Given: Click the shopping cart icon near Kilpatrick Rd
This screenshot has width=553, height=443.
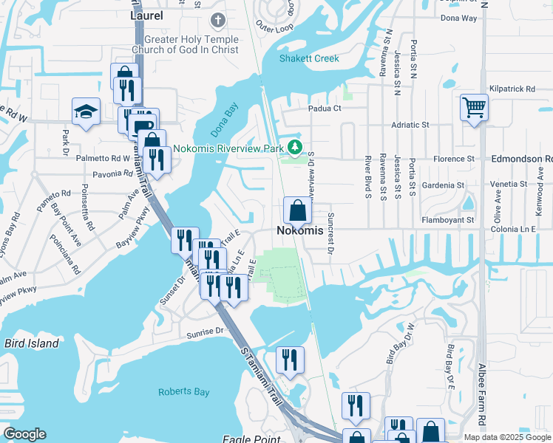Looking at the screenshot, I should (x=473, y=108).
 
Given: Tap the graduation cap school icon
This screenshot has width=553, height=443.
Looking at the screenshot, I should (x=86, y=111).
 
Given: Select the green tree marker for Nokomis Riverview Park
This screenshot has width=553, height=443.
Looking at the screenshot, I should (x=296, y=148).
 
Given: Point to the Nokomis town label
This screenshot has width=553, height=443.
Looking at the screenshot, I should (x=300, y=231).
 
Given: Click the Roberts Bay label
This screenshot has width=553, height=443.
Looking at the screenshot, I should (x=183, y=392).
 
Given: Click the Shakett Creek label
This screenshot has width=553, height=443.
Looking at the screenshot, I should (x=309, y=59).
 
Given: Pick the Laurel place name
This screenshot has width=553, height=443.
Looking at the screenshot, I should (x=146, y=14).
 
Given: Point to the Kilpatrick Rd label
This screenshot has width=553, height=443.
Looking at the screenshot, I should (x=512, y=89).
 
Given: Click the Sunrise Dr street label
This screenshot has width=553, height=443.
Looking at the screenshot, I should (x=205, y=332).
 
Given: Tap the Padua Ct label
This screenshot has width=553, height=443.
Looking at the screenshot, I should (x=325, y=109).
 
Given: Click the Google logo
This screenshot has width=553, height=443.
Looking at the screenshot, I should (x=25, y=434).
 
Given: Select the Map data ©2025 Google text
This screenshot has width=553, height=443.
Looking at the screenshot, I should (x=508, y=437).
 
